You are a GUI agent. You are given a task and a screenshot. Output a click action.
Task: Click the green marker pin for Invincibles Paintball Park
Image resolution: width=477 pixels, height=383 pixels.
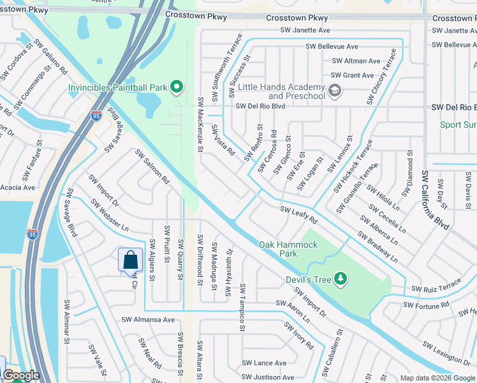click(x=178, y=87)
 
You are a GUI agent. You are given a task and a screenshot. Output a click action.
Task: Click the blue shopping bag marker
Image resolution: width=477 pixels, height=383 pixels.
click(x=131, y=260)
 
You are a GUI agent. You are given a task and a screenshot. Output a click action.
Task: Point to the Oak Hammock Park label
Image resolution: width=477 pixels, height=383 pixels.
click(x=288, y=249)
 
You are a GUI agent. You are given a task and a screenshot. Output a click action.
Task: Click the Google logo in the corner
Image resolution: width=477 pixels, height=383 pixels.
click(x=21, y=376)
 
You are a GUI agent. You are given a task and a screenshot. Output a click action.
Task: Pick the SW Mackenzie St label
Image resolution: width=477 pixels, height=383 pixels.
click(x=200, y=125)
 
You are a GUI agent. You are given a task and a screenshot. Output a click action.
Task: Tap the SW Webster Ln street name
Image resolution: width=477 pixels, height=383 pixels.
click(x=109, y=215)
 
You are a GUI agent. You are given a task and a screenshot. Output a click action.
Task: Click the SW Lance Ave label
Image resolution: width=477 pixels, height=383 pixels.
click(x=265, y=363)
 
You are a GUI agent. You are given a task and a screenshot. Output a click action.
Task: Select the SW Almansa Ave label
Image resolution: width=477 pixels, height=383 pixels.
click(x=148, y=320)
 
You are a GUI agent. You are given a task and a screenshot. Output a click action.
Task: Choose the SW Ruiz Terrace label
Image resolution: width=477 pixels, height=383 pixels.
click(x=436, y=286)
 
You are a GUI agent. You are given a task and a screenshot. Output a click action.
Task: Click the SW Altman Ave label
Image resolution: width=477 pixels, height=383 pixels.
click(x=356, y=61)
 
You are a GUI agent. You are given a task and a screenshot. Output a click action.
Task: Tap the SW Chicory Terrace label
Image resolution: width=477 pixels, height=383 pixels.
click(x=381, y=77)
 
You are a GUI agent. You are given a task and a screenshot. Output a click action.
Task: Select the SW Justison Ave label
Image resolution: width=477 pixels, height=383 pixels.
click(x=267, y=377)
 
